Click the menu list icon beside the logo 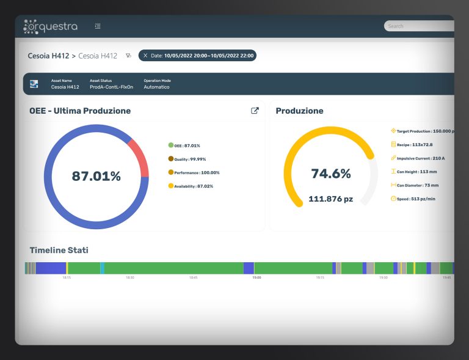(x=98, y=26)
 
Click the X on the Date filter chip (x=145, y=56)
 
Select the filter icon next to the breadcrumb (x=128, y=56)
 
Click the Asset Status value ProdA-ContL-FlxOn (x=111, y=87)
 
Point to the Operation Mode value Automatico (x=156, y=87)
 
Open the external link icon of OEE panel (x=255, y=111)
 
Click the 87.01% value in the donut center (x=96, y=177)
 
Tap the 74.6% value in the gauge (x=330, y=174)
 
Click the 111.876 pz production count (x=330, y=199)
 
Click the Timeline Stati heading (x=59, y=250)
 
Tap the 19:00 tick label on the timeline (x=256, y=277)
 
